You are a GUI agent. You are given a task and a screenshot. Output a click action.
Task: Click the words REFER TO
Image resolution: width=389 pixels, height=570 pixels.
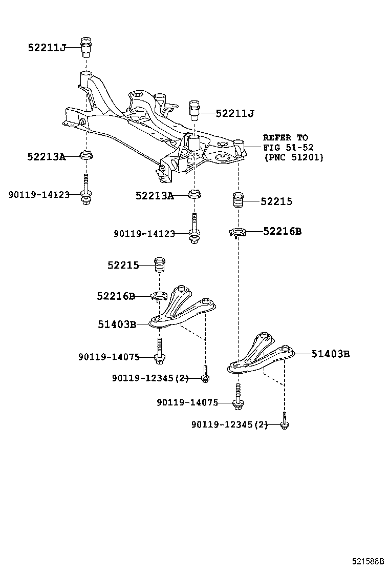click(x=286, y=138)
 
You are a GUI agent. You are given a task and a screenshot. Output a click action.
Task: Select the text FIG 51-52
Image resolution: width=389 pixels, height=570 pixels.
click(x=288, y=147)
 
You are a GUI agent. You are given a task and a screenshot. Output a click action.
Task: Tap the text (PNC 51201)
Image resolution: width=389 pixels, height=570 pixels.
click(x=294, y=157)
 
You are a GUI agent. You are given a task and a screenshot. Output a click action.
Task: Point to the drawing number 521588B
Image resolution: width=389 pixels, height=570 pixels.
click(x=367, y=561)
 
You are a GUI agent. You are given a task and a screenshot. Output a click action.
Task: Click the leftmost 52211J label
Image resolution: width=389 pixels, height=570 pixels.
click(x=47, y=48)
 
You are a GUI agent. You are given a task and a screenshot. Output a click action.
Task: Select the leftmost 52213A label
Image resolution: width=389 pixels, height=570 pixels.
click(x=47, y=157)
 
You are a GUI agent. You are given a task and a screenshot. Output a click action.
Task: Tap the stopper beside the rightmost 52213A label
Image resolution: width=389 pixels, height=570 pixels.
click(x=194, y=194)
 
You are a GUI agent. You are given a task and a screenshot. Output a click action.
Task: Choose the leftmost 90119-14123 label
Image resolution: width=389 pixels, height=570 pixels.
click(x=39, y=195)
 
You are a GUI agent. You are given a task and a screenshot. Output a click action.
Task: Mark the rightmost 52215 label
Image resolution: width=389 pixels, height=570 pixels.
click(x=276, y=201)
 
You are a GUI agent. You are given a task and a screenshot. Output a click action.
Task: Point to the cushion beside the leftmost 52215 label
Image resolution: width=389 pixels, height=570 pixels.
click(x=160, y=265)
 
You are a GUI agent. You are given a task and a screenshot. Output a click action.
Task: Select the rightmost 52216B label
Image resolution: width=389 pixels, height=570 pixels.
click(x=283, y=231)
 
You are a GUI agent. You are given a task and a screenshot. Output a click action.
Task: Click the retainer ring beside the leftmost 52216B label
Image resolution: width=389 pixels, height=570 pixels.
click(x=159, y=296)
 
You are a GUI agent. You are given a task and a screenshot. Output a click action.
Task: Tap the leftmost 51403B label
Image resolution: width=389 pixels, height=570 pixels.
click(x=117, y=324)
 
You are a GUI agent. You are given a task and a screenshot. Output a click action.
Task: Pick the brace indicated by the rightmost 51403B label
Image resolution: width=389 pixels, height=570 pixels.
click(x=261, y=355)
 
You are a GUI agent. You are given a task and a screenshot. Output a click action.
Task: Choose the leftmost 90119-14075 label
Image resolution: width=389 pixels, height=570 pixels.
click(x=109, y=357)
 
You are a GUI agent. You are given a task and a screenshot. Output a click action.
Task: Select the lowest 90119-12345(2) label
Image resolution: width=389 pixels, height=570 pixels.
click(x=229, y=424)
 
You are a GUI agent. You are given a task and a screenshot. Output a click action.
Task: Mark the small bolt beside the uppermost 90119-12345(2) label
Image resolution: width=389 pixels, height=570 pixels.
click(x=205, y=374)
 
